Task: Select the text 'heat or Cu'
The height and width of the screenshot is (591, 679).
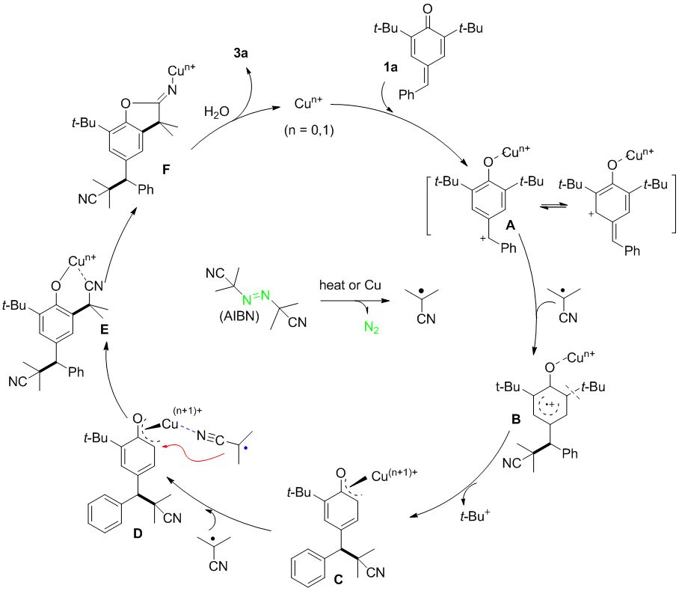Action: [348, 286]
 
